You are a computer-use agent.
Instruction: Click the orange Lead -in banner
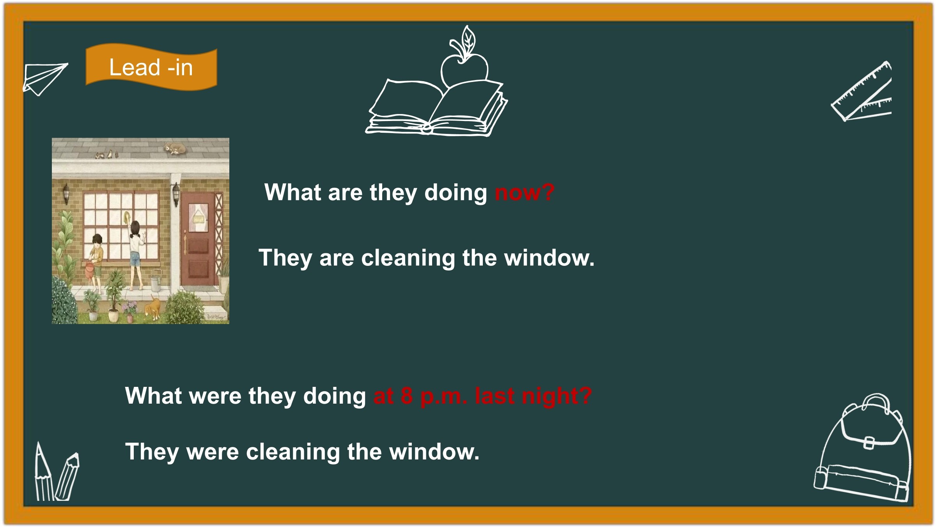pyautogui.click(x=151, y=67)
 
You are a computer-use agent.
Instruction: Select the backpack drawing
pyautogui.click(x=863, y=449)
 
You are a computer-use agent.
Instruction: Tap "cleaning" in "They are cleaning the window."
pyautogui.click(x=408, y=258)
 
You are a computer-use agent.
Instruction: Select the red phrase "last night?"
pyautogui.click(x=533, y=395)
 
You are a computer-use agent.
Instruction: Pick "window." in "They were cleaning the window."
pyautogui.click(x=434, y=452)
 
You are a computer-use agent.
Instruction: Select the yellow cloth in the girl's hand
pyautogui.click(x=127, y=217)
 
